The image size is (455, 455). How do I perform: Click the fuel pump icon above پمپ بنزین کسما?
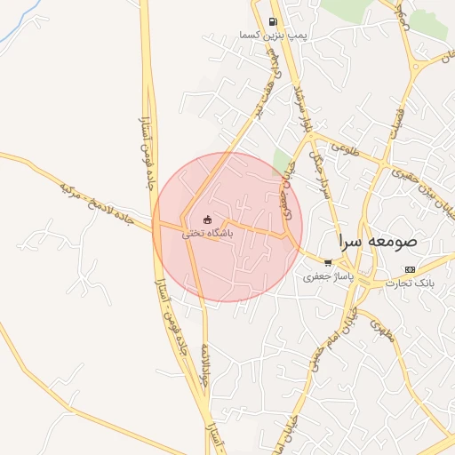(273, 22)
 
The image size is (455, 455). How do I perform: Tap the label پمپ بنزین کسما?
(273, 35)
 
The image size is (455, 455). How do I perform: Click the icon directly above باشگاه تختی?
(207, 220)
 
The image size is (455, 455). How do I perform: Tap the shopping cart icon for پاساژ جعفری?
(329, 263)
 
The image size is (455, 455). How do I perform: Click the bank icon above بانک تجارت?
(409, 269)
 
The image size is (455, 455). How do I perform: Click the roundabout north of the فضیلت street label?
(413, 68)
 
